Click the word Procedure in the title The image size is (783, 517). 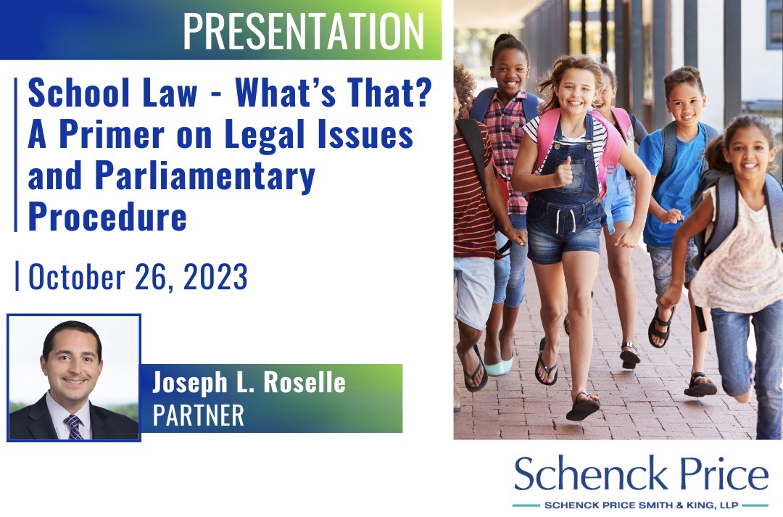point(107,215)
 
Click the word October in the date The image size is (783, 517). point(73,276)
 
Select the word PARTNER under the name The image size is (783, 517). point(198,414)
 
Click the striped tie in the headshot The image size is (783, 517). point(72,425)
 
